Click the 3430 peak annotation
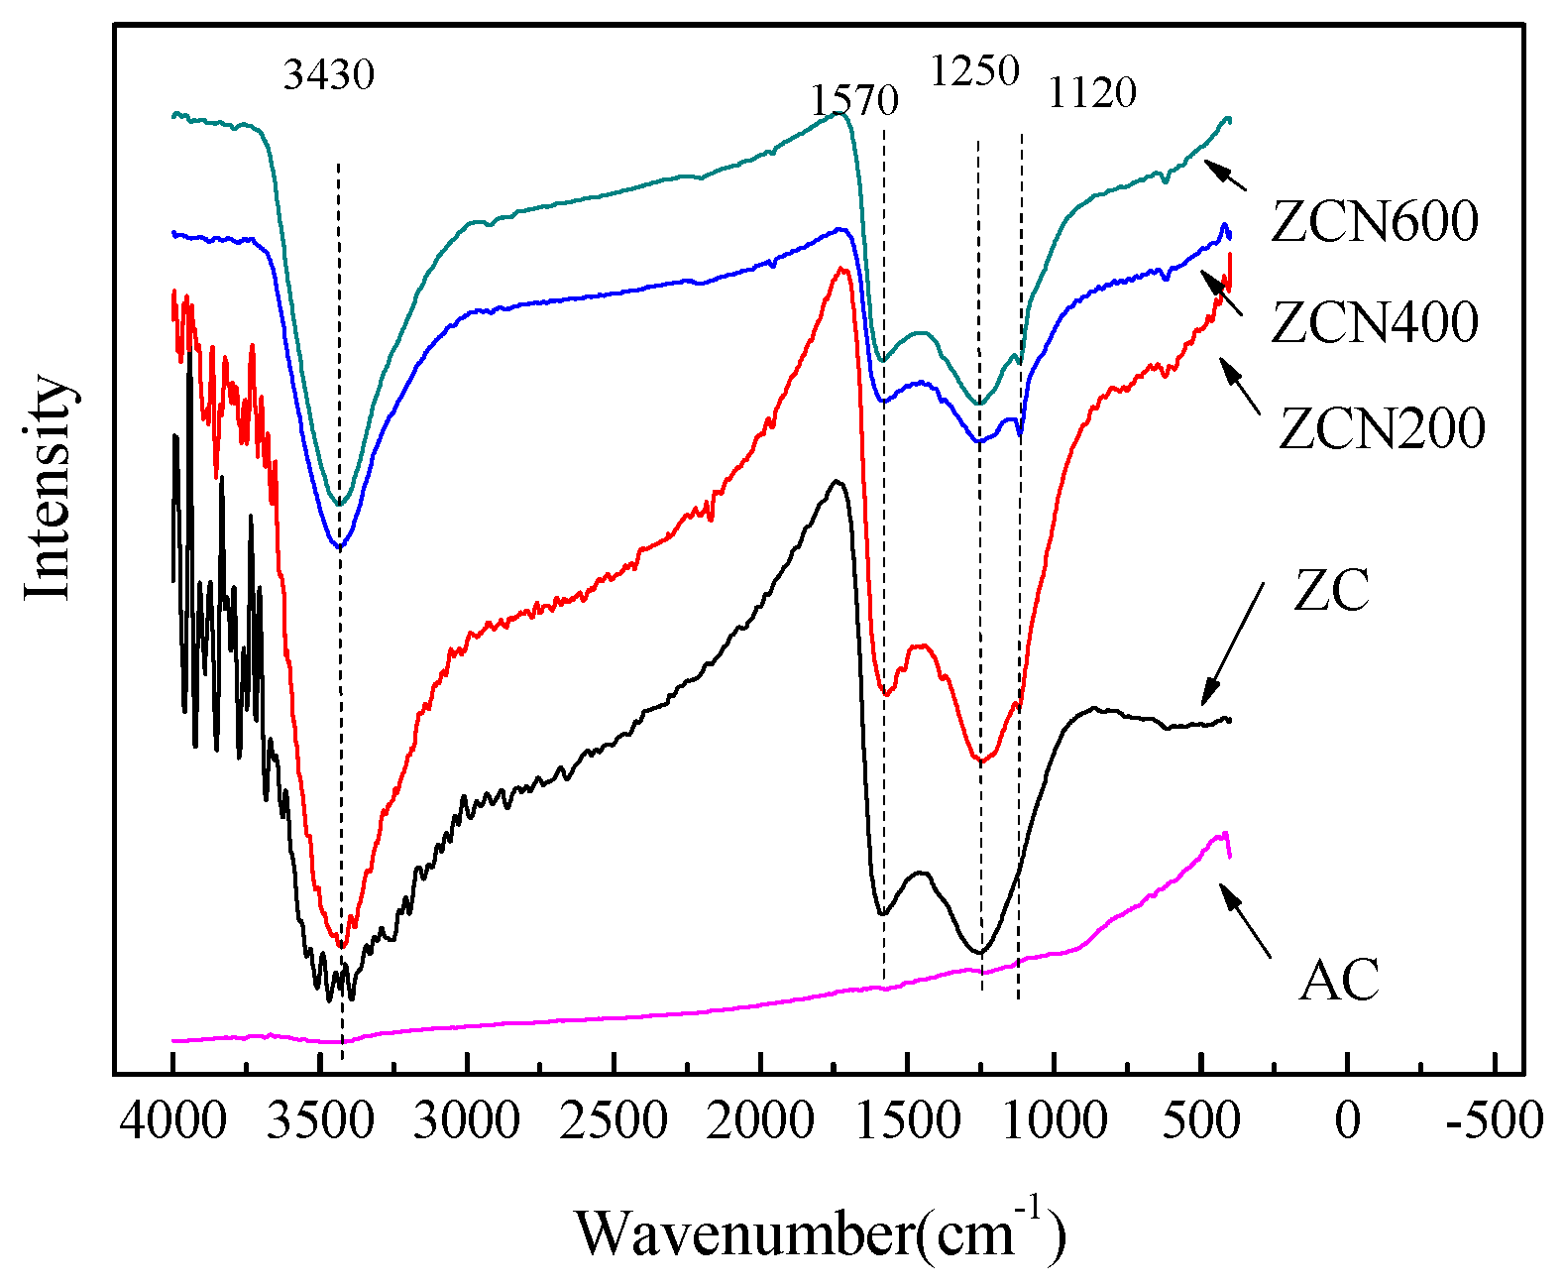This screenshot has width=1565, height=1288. pyautogui.click(x=329, y=74)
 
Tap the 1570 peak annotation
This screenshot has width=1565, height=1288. pyautogui.click(x=854, y=100)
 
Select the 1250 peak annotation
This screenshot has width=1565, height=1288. pyautogui.click(x=974, y=71)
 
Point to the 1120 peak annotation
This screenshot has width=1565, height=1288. pyautogui.click(x=1091, y=93)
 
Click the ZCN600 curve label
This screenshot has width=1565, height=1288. pyautogui.click(x=1375, y=221)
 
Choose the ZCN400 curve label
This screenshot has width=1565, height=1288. pyautogui.click(x=1375, y=322)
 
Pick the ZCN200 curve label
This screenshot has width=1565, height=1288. pyautogui.click(x=1382, y=428)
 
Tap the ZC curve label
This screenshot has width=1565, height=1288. pyautogui.click(x=1331, y=591)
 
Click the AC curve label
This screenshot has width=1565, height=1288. pyautogui.click(x=1339, y=980)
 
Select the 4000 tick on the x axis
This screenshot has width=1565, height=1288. pyautogui.click(x=172, y=1121)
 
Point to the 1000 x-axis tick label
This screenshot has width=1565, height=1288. pyautogui.click(x=1054, y=1121)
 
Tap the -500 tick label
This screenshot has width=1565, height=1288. pyautogui.click(x=1494, y=1121)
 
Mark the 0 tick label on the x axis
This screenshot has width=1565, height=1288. pyautogui.click(x=1347, y=1121)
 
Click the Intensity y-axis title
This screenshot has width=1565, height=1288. pyautogui.click(x=48, y=487)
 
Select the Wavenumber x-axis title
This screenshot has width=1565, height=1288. pyautogui.click(x=821, y=1232)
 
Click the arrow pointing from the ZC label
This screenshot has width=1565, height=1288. pyautogui.click(x=1233, y=644)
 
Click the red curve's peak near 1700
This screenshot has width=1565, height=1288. pyautogui.click(x=842, y=269)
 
